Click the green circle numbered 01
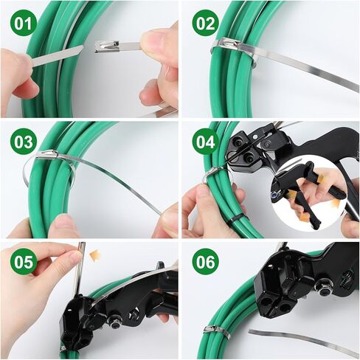24,24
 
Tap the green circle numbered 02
206,24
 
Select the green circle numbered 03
24,142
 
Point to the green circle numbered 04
206,142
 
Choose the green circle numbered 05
24,262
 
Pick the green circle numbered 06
206,262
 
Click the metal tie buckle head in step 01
107,46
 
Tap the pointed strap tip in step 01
80,48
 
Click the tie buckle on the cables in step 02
226,43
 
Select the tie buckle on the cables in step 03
47,155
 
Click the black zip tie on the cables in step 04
235,218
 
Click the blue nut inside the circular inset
275,195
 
